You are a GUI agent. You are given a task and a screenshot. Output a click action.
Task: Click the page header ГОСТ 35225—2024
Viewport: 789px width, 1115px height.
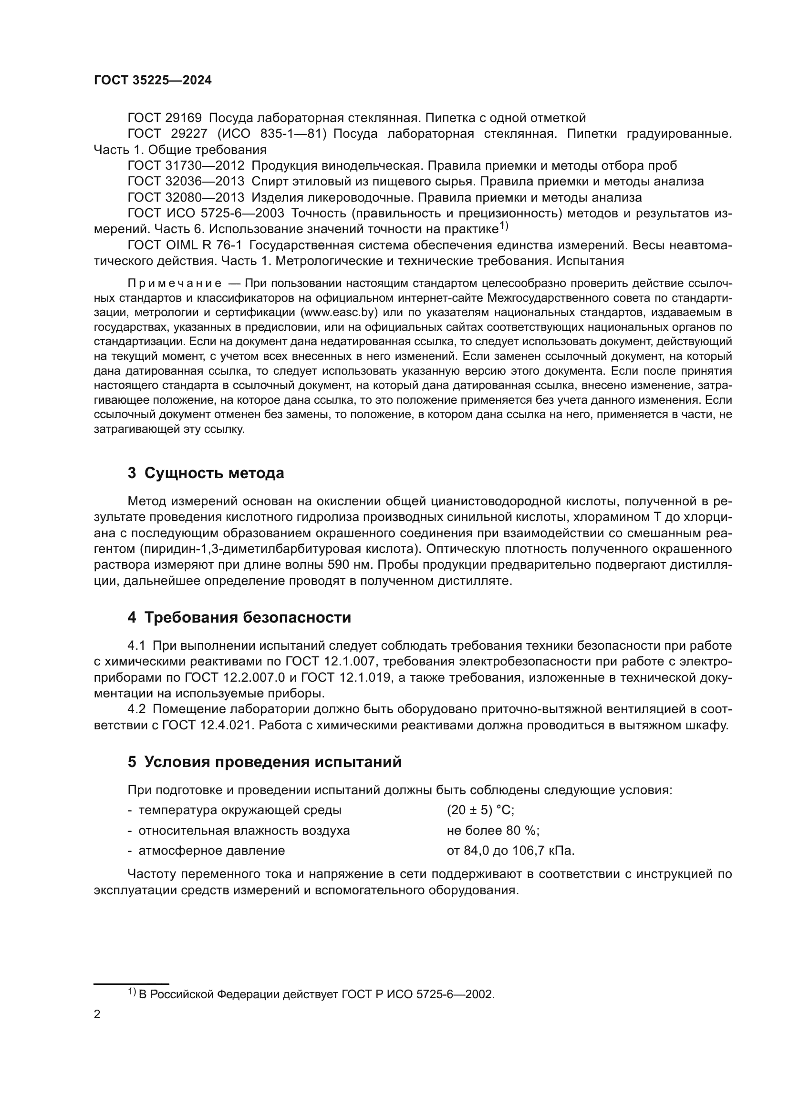[153, 81]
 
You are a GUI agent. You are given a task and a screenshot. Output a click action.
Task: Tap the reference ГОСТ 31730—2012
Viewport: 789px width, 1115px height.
[186, 165]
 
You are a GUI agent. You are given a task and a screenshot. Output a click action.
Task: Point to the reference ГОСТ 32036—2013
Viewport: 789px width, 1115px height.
[186, 182]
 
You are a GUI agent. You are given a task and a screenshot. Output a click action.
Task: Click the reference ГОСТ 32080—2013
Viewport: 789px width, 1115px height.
[186, 198]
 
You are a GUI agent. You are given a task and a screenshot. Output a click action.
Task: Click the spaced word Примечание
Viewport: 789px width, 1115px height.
[175, 284]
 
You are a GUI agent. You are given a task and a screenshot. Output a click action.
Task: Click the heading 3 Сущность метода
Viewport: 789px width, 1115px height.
[206, 473]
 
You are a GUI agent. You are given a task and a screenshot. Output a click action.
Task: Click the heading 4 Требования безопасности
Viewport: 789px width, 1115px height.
[239, 618]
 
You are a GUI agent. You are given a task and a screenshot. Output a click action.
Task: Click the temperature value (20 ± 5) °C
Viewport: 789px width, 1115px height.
[480, 810]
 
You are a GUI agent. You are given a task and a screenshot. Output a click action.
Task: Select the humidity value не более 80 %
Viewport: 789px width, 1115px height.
[493, 830]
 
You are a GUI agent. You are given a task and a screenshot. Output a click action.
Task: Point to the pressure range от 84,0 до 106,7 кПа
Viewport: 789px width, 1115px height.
[510, 851]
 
